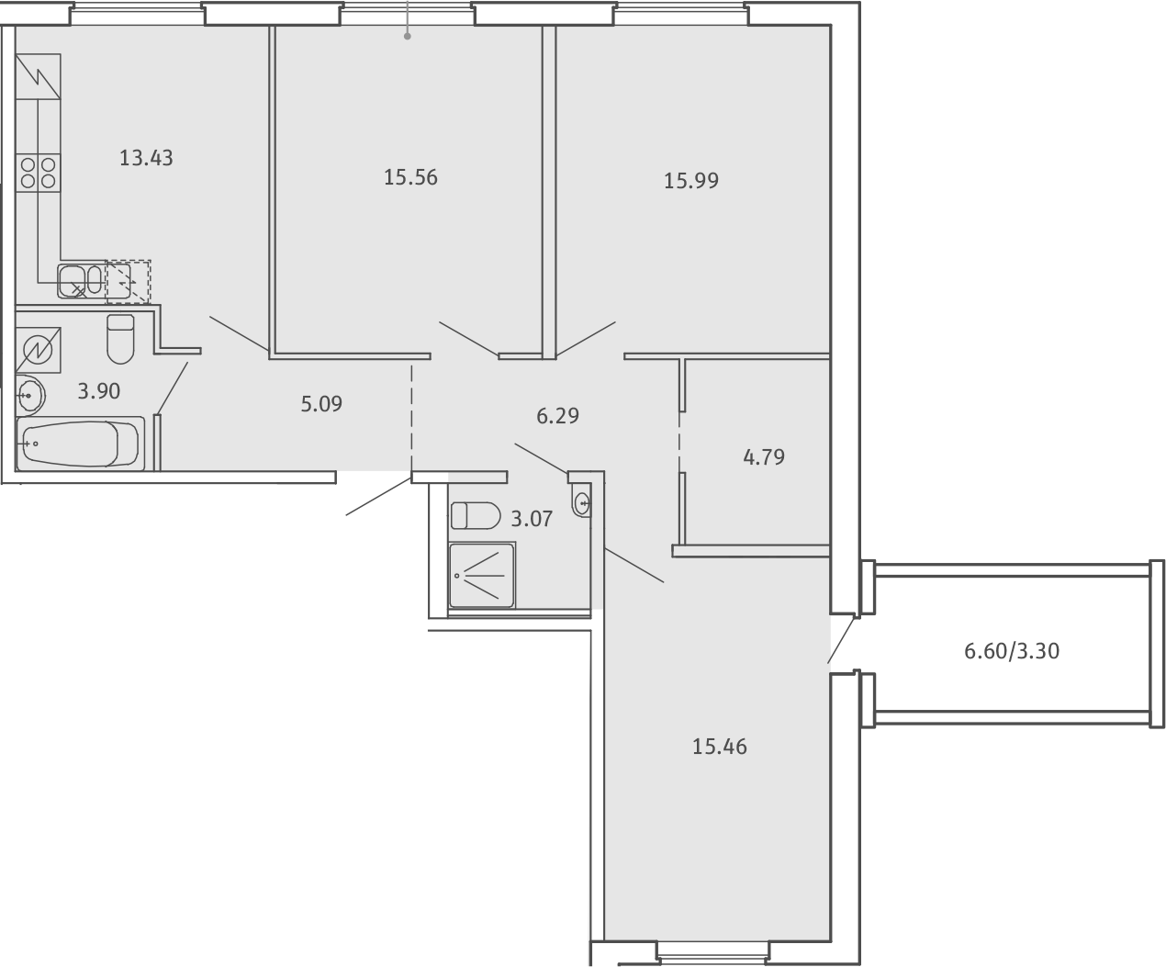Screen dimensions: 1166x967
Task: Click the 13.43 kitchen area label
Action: (x=146, y=158)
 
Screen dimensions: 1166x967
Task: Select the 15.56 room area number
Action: (x=410, y=177)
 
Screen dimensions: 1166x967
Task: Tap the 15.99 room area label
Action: (x=690, y=181)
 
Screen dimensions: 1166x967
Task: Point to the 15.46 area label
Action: (x=719, y=747)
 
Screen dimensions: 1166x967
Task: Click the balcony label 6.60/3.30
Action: (x=1012, y=651)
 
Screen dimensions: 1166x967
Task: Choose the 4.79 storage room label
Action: (x=763, y=457)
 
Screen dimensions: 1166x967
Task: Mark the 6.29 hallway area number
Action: (x=557, y=416)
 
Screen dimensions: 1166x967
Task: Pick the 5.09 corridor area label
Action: (x=321, y=404)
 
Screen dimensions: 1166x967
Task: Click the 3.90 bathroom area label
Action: (x=99, y=391)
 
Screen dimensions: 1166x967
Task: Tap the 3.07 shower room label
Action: (x=532, y=520)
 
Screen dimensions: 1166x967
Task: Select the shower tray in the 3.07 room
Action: (x=481, y=576)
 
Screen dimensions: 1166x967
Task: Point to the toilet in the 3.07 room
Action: (x=476, y=515)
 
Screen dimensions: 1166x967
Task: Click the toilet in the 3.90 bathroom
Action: (x=120, y=340)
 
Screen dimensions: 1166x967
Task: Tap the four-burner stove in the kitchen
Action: (x=38, y=173)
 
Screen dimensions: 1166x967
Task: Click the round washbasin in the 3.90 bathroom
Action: (x=30, y=396)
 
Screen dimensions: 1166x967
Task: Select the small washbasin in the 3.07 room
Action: (x=581, y=502)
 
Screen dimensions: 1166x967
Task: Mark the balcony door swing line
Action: (x=841, y=640)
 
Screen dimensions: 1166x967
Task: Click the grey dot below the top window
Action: (x=408, y=37)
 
